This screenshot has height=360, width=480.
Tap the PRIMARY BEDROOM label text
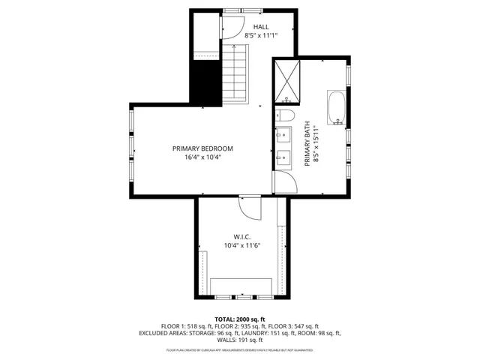(202, 148)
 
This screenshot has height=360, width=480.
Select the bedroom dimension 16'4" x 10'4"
(202, 157)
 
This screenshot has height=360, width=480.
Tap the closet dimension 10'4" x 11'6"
(241, 245)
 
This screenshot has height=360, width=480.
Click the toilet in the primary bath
(283, 115)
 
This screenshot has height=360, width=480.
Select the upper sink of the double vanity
(284, 136)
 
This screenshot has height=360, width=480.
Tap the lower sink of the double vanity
(284, 157)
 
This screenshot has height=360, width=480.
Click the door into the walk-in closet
(249, 207)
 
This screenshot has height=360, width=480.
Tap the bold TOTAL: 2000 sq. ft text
(240, 319)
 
